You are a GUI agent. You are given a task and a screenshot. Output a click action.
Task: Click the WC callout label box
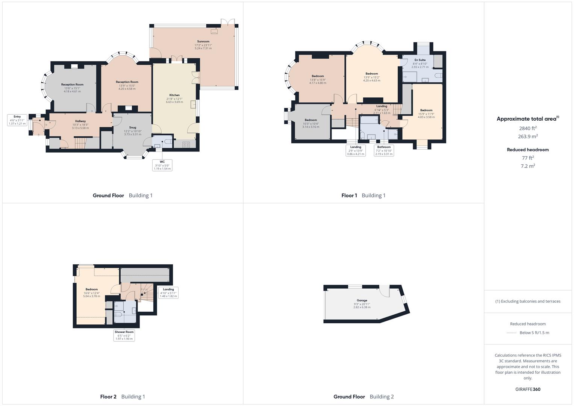click(x=162, y=165)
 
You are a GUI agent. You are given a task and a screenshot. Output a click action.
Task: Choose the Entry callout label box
click(x=17, y=120)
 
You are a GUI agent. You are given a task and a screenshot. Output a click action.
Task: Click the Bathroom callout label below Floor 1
click(x=384, y=150)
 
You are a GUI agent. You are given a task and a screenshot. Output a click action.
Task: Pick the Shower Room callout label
click(x=124, y=335)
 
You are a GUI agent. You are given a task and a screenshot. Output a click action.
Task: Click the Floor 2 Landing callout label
click(x=168, y=292)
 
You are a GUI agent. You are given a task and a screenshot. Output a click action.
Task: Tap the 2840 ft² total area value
click(x=528, y=128)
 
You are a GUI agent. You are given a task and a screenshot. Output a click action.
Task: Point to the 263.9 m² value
click(x=528, y=136)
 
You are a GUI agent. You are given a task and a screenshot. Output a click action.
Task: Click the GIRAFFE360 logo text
click(x=528, y=389)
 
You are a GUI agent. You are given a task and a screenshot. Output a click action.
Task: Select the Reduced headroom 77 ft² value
click(x=528, y=158)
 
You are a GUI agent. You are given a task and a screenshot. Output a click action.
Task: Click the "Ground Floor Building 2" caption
click(x=363, y=397)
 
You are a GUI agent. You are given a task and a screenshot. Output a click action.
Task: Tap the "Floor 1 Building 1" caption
click(x=363, y=195)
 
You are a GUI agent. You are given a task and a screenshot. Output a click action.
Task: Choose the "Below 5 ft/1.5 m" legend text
click(x=534, y=333)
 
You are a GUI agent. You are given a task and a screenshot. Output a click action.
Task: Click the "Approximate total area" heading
click(x=527, y=119)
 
